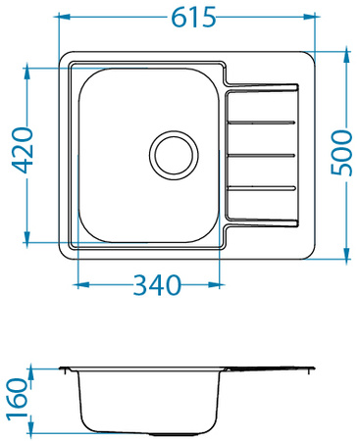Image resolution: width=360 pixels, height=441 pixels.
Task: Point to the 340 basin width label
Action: (157, 285)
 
